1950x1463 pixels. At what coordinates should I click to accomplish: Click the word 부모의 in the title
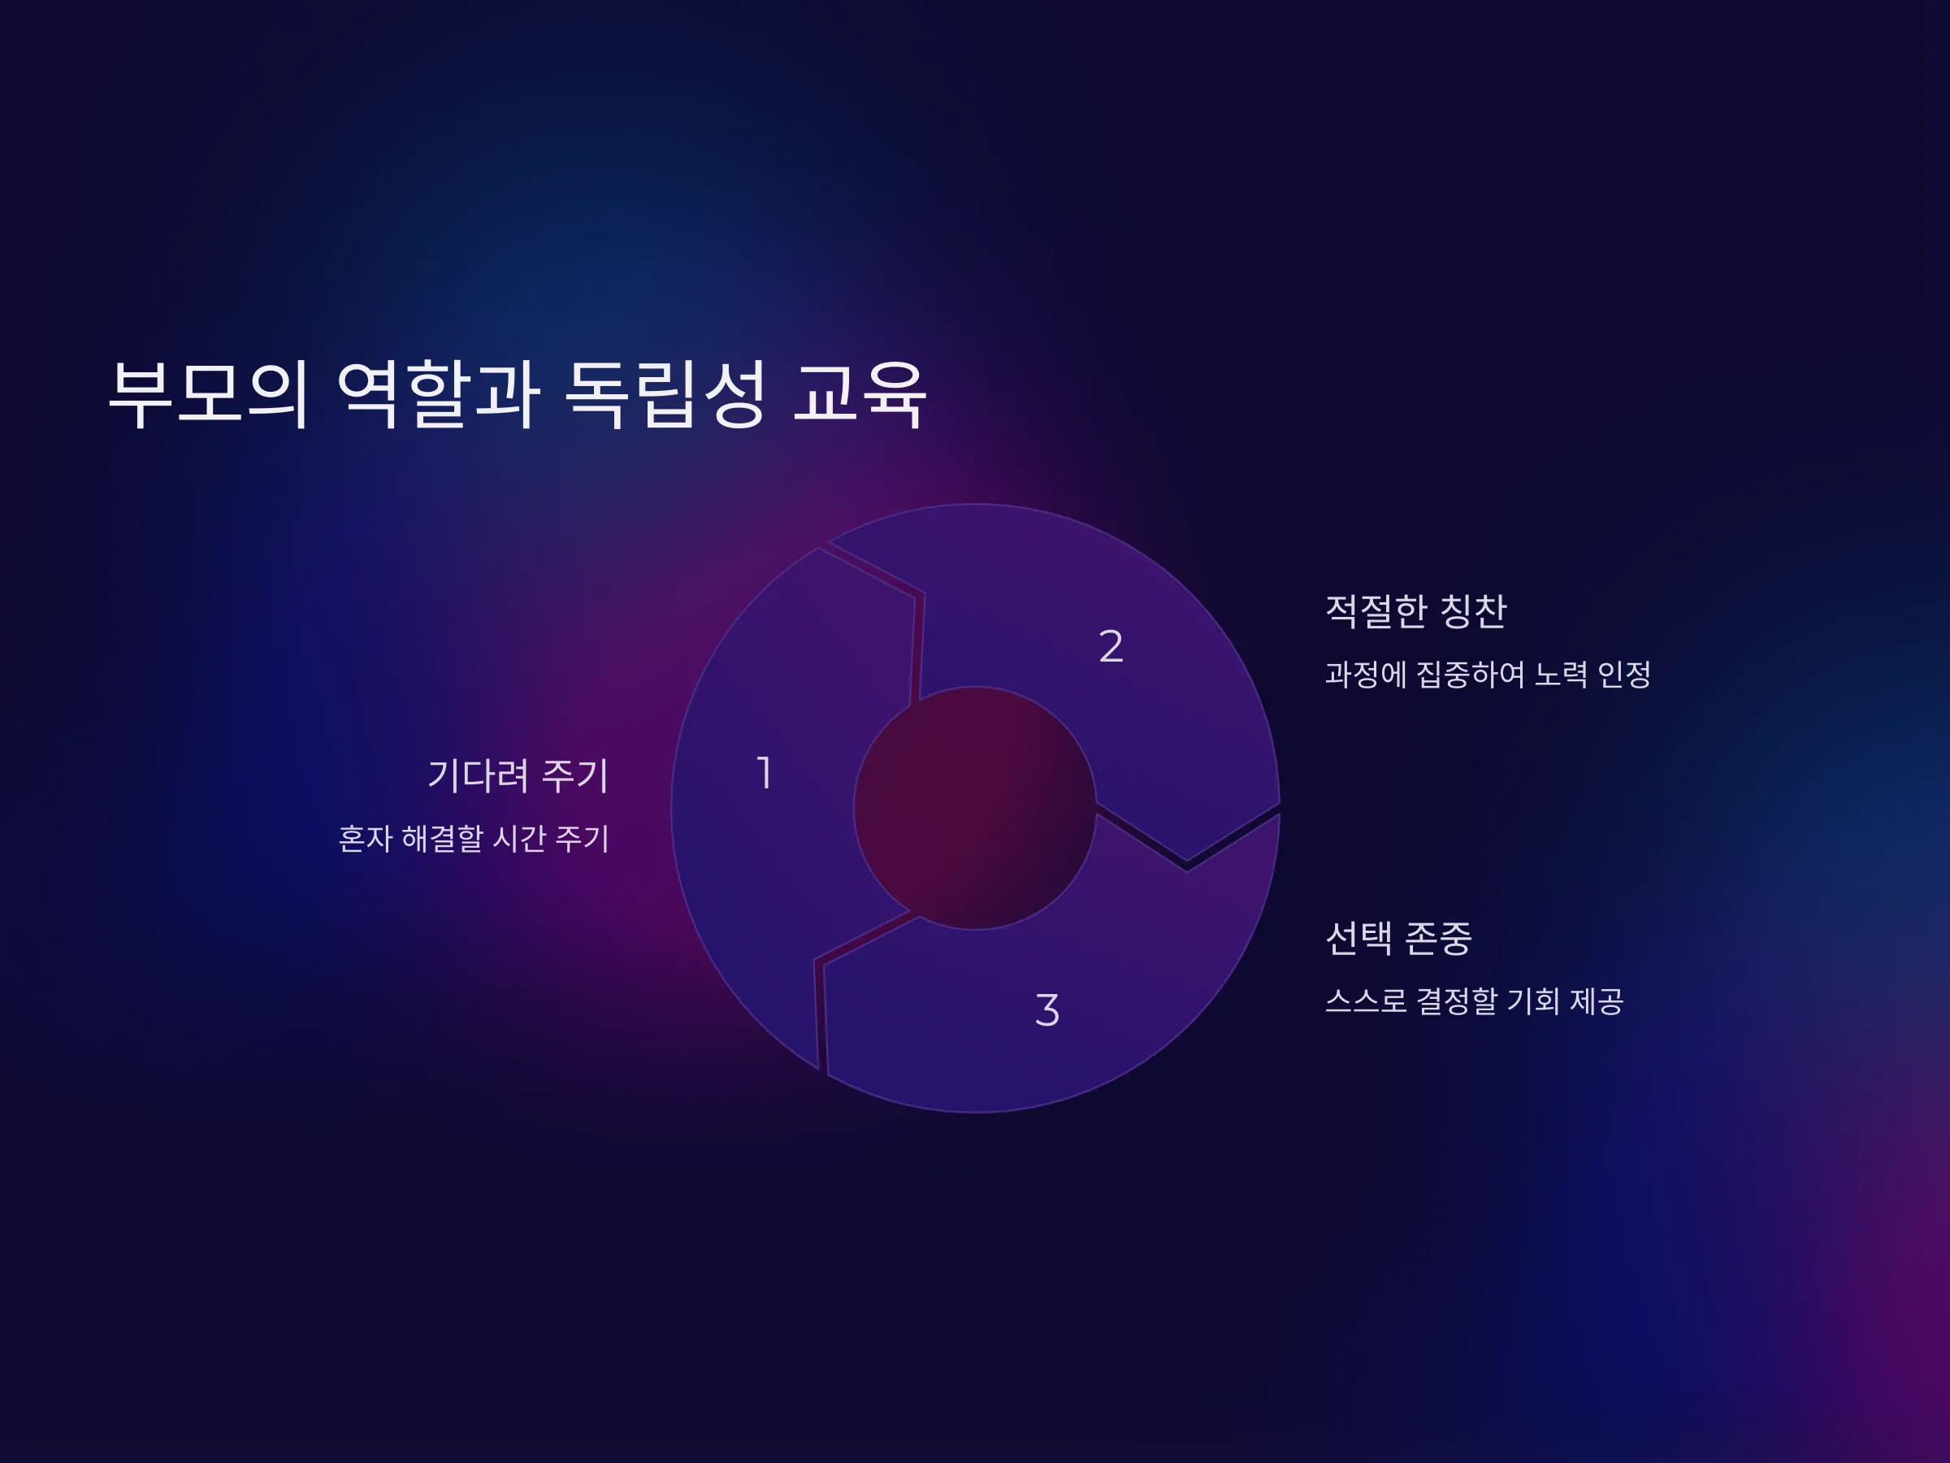(209, 394)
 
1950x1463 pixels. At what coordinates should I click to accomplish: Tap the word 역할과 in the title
(438, 394)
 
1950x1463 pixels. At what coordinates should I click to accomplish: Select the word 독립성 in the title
(665, 394)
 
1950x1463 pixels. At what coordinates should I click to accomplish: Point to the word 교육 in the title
(860, 394)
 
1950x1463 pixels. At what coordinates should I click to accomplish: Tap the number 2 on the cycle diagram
(1111, 645)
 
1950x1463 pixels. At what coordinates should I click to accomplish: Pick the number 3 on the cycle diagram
(1047, 1009)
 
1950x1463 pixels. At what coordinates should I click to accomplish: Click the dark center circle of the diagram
(975, 808)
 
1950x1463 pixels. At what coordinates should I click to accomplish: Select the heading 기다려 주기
(518, 776)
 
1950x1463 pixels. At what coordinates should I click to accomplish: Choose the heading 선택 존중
(1399, 937)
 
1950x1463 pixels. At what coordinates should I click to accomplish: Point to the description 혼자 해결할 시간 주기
(474, 839)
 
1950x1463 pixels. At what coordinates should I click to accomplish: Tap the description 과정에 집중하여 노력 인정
(1488, 675)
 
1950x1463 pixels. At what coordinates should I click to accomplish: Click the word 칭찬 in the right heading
(1473, 611)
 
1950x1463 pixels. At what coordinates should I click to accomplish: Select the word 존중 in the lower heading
(1438, 937)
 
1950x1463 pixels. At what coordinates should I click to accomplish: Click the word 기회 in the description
(1534, 1001)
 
